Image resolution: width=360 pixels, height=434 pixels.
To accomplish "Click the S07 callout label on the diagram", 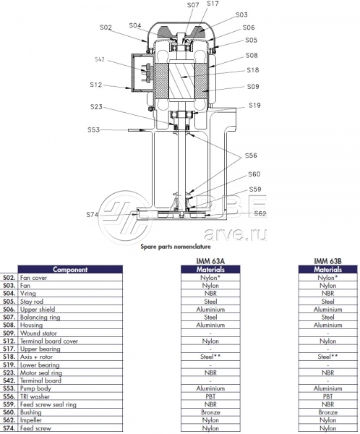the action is [x=193, y=5].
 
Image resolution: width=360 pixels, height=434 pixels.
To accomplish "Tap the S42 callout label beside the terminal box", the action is [x=100, y=59].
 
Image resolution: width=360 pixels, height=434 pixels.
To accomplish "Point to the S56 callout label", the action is [x=251, y=156].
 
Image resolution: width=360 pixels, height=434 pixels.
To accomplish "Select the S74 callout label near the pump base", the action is [x=92, y=215].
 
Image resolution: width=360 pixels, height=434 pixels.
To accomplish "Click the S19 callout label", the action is [x=254, y=105].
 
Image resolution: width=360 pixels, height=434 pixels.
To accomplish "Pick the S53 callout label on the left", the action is [x=93, y=129].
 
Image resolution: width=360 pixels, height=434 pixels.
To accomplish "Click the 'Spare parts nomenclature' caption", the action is [x=176, y=247].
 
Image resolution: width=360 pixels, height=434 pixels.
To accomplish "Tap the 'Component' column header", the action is [x=70, y=269].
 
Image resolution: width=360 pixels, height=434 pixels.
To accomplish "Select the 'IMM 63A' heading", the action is [x=210, y=261].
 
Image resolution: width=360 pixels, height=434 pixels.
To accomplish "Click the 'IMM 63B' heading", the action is [x=327, y=261].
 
